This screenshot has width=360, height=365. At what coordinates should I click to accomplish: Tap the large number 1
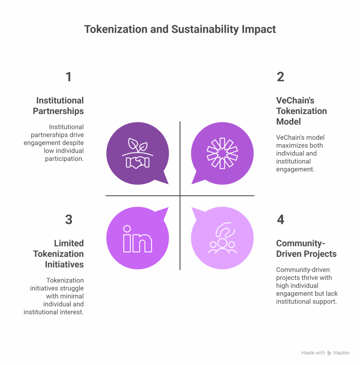[x=69, y=77]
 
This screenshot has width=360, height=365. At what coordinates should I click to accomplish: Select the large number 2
[x=280, y=77]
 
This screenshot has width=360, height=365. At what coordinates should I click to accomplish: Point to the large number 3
[x=69, y=220]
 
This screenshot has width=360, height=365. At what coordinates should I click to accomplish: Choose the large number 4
[x=280, y=220]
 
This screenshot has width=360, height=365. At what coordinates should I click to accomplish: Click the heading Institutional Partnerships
[x=58, y=106]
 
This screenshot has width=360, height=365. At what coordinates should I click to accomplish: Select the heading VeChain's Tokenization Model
[x=301, y=111]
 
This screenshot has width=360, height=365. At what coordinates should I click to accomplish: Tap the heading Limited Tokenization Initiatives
[x=58, y=254]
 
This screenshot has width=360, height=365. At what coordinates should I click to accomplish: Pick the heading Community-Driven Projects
[x=306, y=248]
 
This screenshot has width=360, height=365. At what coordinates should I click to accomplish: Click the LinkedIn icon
[x=137, y=239]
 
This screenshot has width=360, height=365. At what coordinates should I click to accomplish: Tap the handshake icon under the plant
[x=137, y=162]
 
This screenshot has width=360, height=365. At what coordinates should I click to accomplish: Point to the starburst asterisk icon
[x=222, y=153]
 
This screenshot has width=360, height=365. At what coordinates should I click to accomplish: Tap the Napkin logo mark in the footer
[x=329, y=353]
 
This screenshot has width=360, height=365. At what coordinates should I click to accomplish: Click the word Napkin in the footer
[x=341, y=353]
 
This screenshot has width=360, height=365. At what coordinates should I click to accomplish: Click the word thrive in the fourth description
[x=310, y=278]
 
